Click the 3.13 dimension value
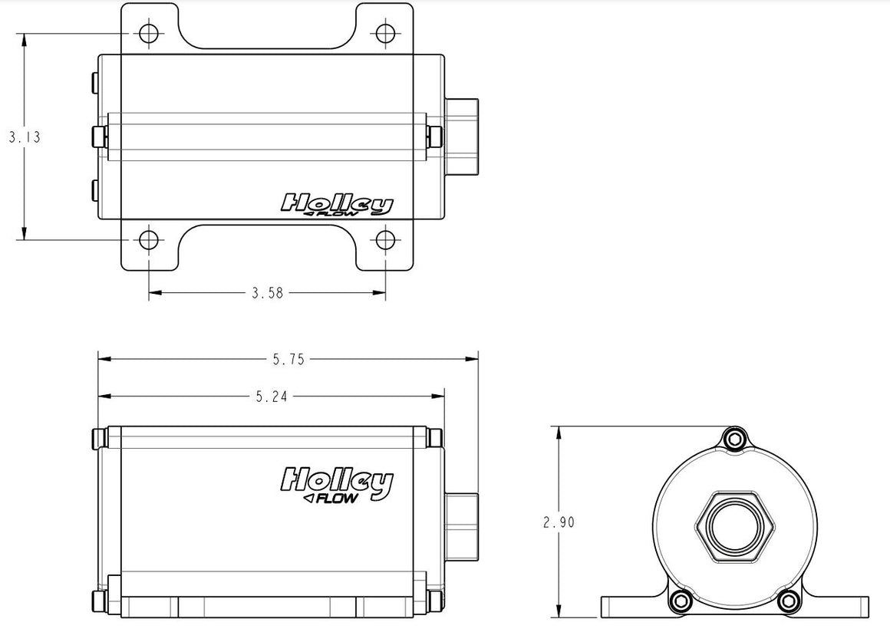tap(25, 137)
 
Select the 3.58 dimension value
tap(267, 293)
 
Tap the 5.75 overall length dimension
tap(288, 359)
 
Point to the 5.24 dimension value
tap(272, 397)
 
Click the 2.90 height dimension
tap(559, 522)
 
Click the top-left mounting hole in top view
tap(149, 33)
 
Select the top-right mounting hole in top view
tap(385, 33)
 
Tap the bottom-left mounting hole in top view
tap(149, 240)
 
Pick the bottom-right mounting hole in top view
tap(385, 240)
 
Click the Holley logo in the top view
tap(337, 204)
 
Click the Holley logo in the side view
tap(337, 483)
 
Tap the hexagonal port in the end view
tap(735, 526)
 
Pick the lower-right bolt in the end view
tap(789, 601)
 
